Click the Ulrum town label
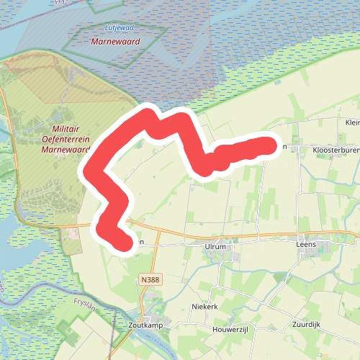coord(215,246)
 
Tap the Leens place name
coord(306,245)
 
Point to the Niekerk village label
coord(205,307)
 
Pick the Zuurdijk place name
coord(306,325)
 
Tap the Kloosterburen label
coord(335,150)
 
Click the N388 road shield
coord(150,279)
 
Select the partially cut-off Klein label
coord(352,122)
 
